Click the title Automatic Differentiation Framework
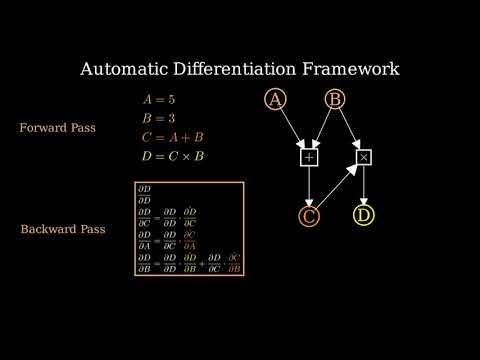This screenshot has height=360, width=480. click(x=240, y=69)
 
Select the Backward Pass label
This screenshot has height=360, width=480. click(x=58, y=229)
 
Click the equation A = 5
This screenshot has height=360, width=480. click(x=159, y=100)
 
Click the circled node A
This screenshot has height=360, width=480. click(x=276, y=99)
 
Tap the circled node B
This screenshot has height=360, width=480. click(x=336, y=99)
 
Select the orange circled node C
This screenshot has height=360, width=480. click(x=309, y=216)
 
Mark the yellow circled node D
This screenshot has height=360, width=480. click(x=364, y=216)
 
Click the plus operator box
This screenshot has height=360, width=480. click(x=309, y=157)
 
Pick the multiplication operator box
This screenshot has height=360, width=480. click(x=364, y=157)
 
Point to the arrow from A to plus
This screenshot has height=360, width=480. click(x=292, y=127)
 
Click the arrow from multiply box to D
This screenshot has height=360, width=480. click(x=364, y=186)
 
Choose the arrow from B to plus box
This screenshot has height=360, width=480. click(x=323, y=127)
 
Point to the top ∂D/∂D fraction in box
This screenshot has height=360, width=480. click(x=145, y=193)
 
